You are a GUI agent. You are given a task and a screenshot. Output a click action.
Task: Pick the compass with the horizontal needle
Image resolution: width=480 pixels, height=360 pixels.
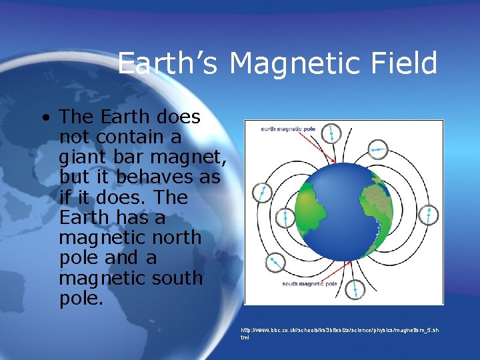(378, 149)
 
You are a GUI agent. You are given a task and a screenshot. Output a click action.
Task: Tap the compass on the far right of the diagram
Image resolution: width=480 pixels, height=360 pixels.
(430, 215)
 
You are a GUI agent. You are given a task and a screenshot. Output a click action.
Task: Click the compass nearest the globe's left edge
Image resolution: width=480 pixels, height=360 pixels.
(285, 217)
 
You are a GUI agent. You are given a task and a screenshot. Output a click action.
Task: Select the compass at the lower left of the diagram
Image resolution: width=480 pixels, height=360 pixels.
(273, 262)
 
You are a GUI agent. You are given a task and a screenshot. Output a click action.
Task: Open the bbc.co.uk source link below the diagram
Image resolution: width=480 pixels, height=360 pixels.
(340, 330)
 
